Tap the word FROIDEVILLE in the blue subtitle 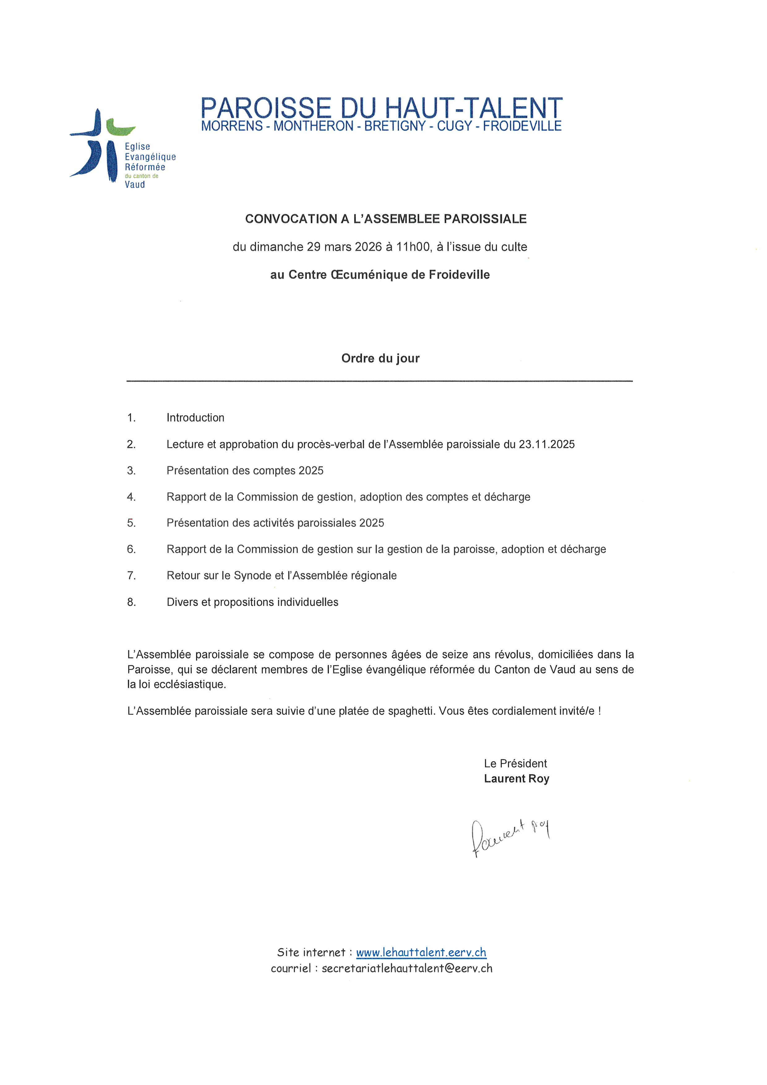point(522,126)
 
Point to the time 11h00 point(413,247)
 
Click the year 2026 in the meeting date point(368,247)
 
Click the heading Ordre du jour point(380,358)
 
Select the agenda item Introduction point(195,418)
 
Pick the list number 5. point(131,523)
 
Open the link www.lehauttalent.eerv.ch point(421,952)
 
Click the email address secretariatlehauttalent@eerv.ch point(407,968)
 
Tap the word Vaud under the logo point(135,185)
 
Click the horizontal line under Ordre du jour point(379,380)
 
